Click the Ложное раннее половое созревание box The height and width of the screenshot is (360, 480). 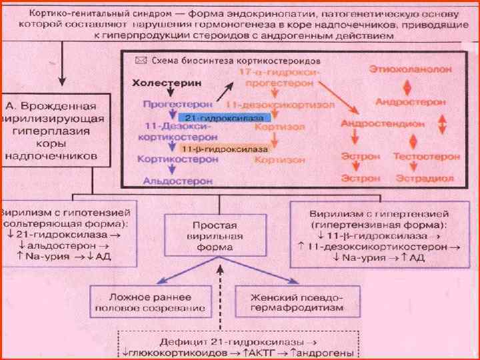tap(139, 302)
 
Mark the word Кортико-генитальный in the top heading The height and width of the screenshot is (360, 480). tap(65, 13)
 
